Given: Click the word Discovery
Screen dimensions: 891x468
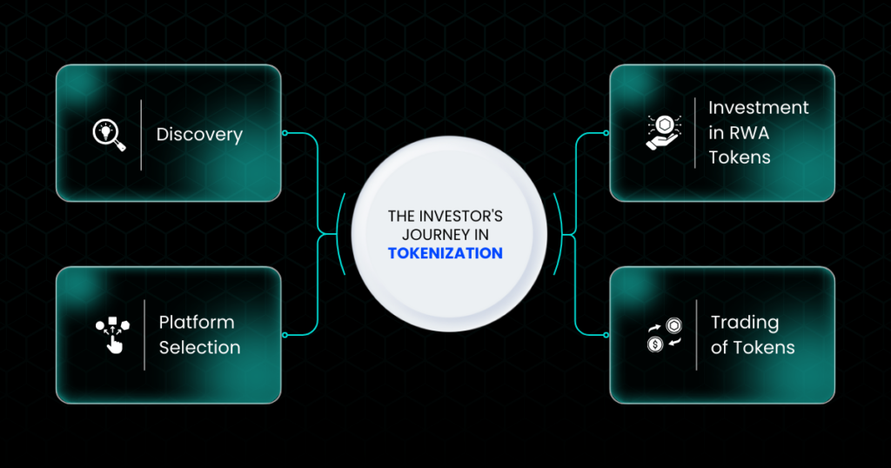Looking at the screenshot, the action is pyautogui.click(x=199, y=135).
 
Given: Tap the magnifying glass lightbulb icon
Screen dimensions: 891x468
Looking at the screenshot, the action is pyautogui.click(x=109, y=135).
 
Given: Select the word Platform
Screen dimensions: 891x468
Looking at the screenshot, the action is pyautogui.click(x=197, y=322).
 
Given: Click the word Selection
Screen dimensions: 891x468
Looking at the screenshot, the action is pyautogui.click(x=199, y=347).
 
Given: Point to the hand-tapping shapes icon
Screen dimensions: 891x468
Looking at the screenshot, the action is pyautogui.click(x=112, y=335).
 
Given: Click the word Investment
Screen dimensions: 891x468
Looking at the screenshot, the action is pyautogui.click(x=758, y=107).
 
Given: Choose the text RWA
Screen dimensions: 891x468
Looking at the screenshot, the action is pyautogui.click(x=749, y=132).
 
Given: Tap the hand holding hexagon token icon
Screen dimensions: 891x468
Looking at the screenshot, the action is pyautogui.click(x=664, y=132).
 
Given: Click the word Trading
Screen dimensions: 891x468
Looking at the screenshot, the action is pyautogui.click(x=745, y=323).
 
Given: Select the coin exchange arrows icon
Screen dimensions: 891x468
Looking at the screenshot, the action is pyautogui.click(x=664, y=335).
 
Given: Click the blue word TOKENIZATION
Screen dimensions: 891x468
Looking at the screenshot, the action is pyautogui.click(x=445, y=253).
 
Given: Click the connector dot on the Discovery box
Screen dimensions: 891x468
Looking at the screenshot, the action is pyautogui.click(x=285, y=133).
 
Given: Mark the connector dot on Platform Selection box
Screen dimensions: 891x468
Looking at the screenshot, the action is pyautogui.click(x=285, y=335).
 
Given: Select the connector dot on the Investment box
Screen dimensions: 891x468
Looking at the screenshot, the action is pyautogui.click(x=606, y=133).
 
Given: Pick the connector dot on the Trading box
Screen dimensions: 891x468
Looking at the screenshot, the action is pyautogui.click(x=606, y=335).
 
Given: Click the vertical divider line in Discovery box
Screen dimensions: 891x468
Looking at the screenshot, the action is pyautogui.click(x=141, y=135).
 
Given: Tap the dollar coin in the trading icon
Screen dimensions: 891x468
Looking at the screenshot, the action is pyautogui.click(x=655, y=344).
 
